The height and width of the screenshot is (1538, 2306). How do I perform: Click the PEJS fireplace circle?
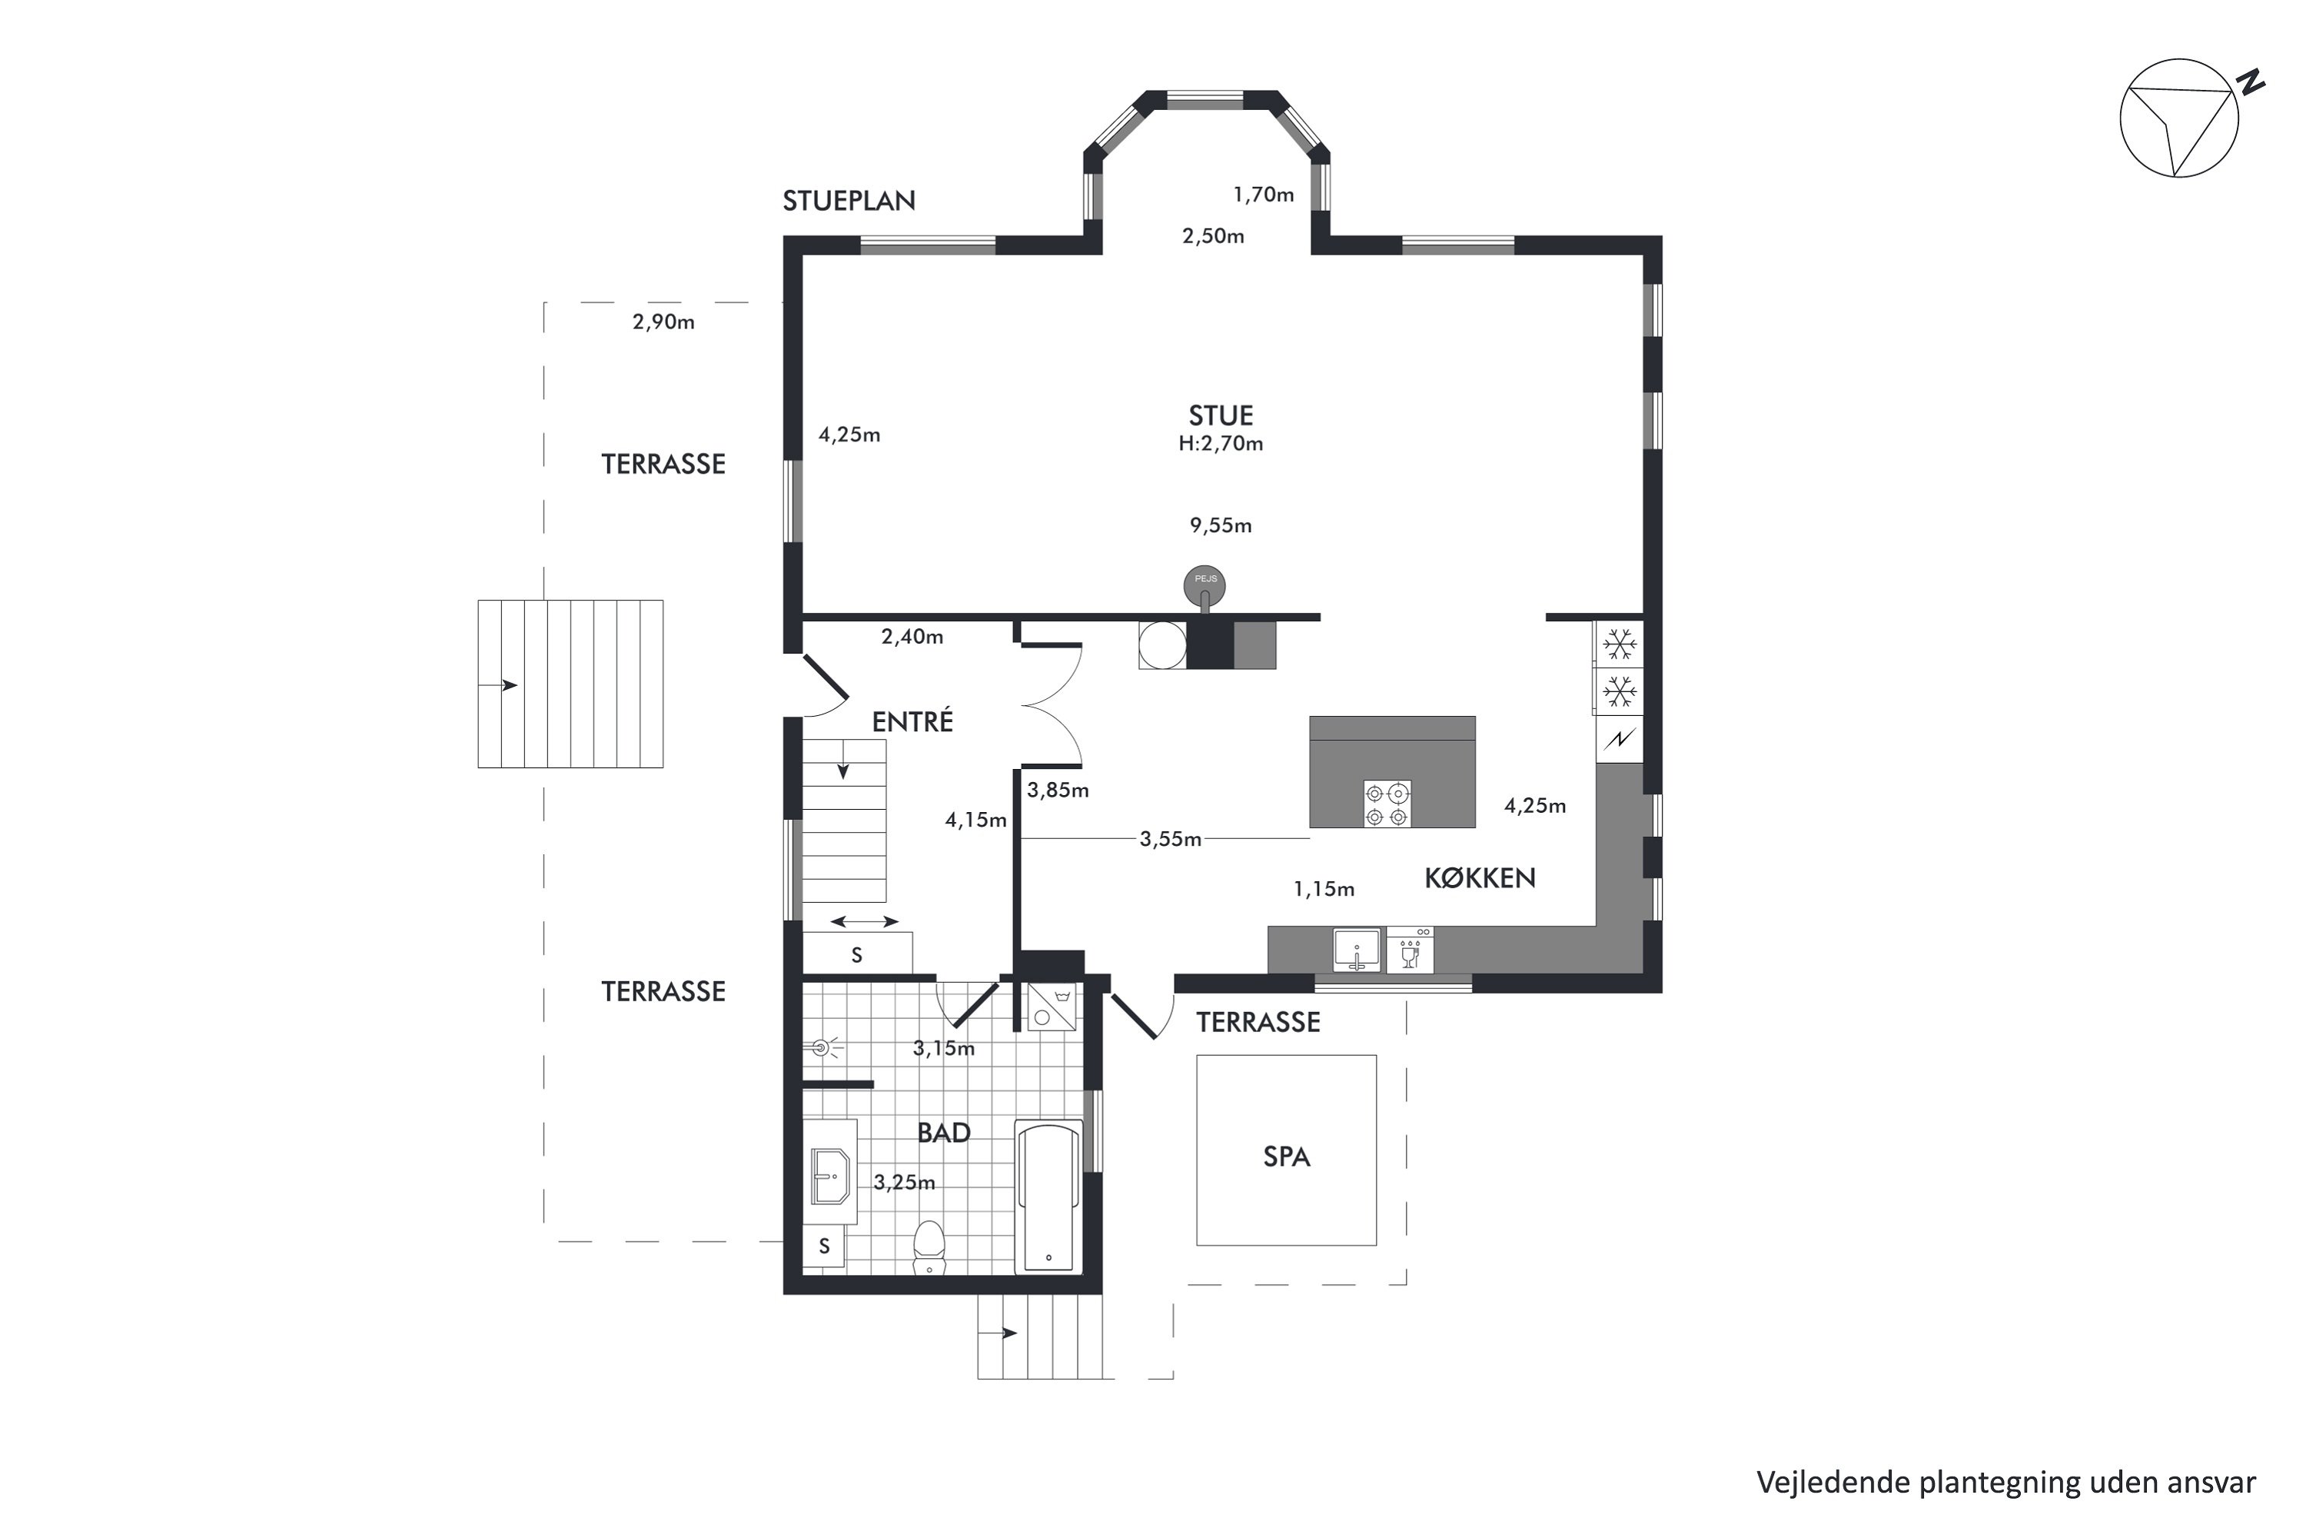(1205, 585)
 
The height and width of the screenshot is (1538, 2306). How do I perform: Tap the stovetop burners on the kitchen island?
(1387, 804)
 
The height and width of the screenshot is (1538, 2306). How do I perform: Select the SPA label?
(1286, 1157)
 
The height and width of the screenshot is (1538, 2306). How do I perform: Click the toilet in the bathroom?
(929, 1247)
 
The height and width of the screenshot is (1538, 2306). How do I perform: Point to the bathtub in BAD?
(1049, 1196)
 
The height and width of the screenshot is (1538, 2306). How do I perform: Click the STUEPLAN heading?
(849, 201)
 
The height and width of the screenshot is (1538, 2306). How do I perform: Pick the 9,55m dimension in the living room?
(1221, 526)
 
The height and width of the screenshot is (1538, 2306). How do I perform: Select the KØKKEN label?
(1480, 878)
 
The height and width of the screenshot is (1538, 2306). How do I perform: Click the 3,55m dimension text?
(1171, 840)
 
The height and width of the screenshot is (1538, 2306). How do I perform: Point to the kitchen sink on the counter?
(1357, 950)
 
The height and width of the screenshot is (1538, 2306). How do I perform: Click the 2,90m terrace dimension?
(664, 321)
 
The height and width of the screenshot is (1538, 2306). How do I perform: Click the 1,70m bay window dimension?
(1264, 195)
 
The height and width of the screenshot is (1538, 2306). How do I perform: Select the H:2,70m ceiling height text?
(1221, 444)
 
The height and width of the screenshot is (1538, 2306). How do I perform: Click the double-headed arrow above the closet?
(864, 921)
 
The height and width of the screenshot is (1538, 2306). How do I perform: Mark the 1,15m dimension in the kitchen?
(1324, 890)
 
